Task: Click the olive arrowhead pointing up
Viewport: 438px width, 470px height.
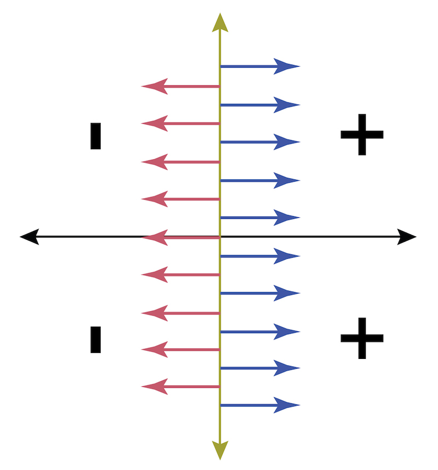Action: [220, 23]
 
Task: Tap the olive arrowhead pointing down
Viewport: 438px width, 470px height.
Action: [220, 450]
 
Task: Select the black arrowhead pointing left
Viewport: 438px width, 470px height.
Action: [30, 237]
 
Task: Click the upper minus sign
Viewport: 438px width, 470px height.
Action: [96, 136]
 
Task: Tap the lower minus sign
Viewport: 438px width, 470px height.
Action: [96, 340]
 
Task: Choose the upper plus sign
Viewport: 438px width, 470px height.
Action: [362, 135]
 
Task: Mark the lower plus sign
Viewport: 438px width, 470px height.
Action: [362, 338]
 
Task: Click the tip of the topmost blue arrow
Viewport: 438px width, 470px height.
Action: [300, 66]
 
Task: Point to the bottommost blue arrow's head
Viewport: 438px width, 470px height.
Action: [286, 405]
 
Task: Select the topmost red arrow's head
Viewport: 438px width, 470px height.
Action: [154, 86]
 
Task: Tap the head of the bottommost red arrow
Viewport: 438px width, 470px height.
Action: [154, 387]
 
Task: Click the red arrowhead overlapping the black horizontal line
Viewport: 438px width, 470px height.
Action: [154, 237]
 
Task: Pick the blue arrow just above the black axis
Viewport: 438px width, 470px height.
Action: [261, 218]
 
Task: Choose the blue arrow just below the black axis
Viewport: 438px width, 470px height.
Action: [261, 256]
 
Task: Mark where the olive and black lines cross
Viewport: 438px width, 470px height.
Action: [220, 237]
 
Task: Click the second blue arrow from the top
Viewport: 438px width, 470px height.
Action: [261, 105]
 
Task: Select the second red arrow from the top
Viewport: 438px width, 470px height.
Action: [181, 123]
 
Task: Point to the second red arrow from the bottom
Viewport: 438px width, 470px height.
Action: [181, 350]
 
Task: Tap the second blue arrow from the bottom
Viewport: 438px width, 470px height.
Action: [261, 368]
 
